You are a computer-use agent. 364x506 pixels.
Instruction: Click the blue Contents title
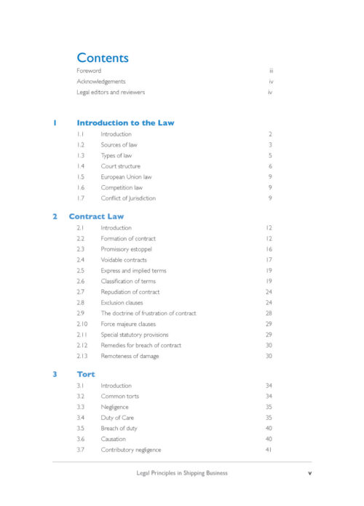point(103,58)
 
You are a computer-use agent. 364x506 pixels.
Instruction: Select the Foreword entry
point(89,71)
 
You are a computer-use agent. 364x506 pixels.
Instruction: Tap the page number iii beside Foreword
point(270,71)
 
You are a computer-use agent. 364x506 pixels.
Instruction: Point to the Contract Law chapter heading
point(96,216)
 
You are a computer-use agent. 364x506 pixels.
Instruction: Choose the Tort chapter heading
point(86,374)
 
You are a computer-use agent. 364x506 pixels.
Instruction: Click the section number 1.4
point(81,166)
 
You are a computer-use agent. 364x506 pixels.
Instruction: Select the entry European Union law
point(126,176)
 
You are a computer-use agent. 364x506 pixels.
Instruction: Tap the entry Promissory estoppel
point(126,249)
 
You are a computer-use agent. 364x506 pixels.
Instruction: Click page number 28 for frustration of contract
point(269,313)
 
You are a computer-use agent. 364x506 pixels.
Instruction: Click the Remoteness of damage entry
point(130,356)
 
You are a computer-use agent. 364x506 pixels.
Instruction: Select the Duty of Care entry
point(119,418)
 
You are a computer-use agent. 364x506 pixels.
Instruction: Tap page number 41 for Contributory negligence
point(269,450)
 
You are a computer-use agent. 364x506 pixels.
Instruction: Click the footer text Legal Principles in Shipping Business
point(182,473)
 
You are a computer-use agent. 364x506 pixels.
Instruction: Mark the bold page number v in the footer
point(309,473)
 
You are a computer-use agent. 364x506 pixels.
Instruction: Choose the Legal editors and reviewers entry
point(111,93)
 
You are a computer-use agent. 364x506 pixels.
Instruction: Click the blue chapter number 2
point(55,216)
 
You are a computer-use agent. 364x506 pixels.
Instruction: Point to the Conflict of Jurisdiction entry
point(128,198)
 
